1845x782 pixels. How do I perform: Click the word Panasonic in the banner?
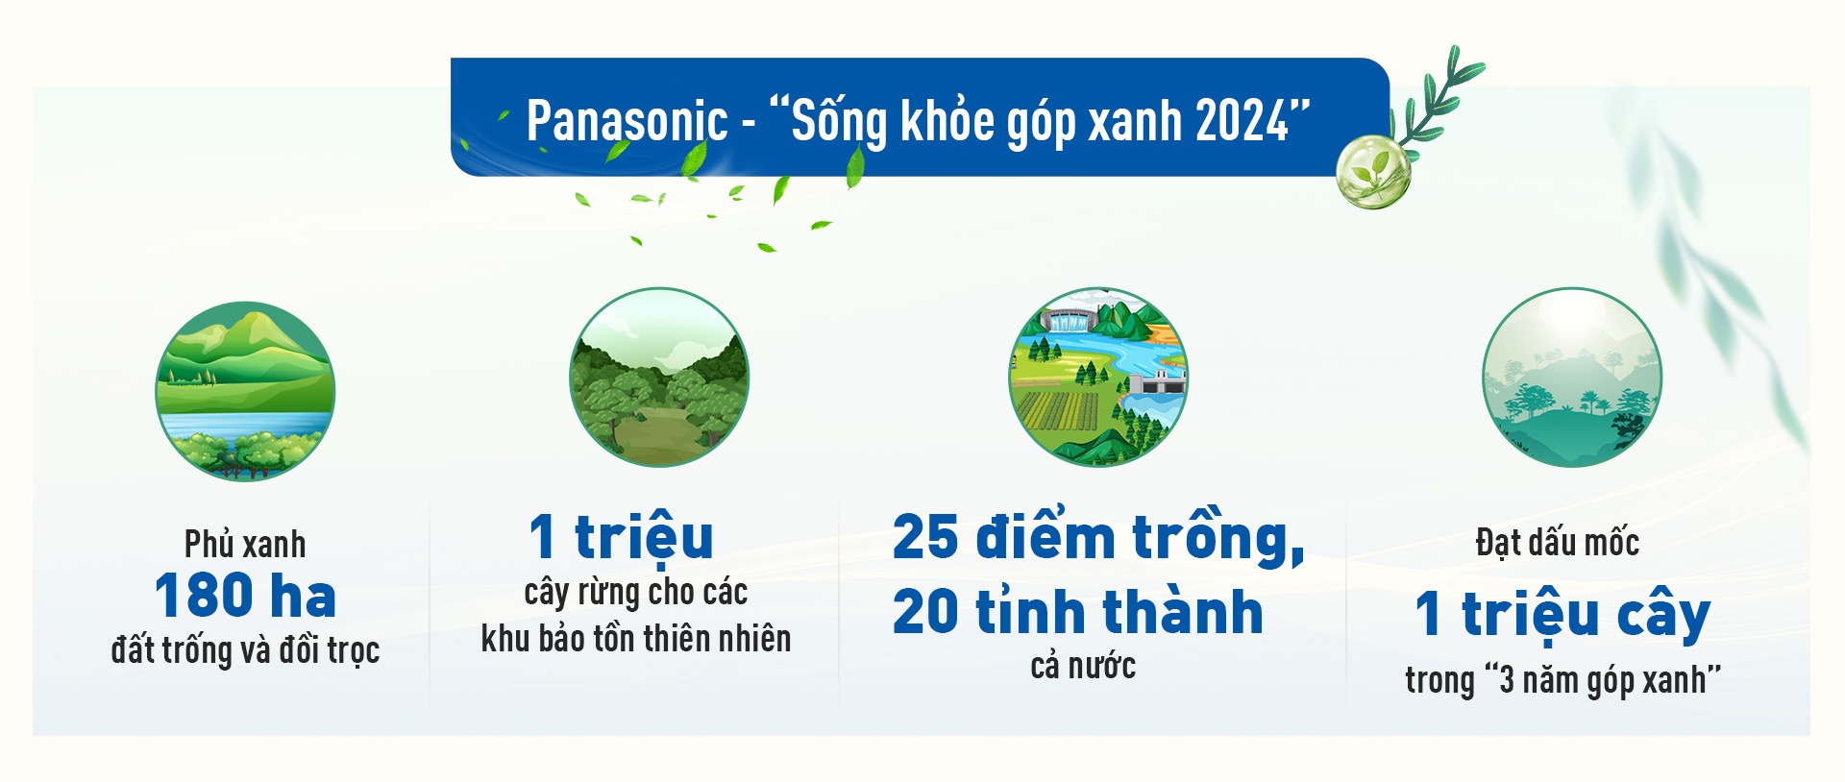point(627,122)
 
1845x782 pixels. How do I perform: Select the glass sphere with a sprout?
point(1373,172)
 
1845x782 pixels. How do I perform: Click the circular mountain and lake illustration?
point(245,391)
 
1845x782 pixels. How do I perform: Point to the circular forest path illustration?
point(659,378)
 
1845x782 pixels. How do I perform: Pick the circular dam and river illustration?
point(1098,378)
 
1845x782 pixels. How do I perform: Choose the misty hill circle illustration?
point(1571,378)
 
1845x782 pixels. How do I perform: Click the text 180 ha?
point(245,596)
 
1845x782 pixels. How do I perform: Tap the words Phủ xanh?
point(245,545)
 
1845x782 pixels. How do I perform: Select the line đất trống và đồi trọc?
point(245,650)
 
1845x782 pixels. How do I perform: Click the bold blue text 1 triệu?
point(622,536)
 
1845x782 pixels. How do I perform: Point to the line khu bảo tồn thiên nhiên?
point(635,639)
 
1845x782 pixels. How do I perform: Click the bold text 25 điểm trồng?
point(1097,536)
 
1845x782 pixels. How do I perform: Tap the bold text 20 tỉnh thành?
point(1077,612)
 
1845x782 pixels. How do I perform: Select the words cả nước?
point(1083,666)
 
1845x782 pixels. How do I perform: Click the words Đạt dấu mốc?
point(1557,543)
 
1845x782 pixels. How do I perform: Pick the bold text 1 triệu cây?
point(1562,614)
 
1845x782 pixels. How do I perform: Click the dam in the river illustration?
point(1068,321)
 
